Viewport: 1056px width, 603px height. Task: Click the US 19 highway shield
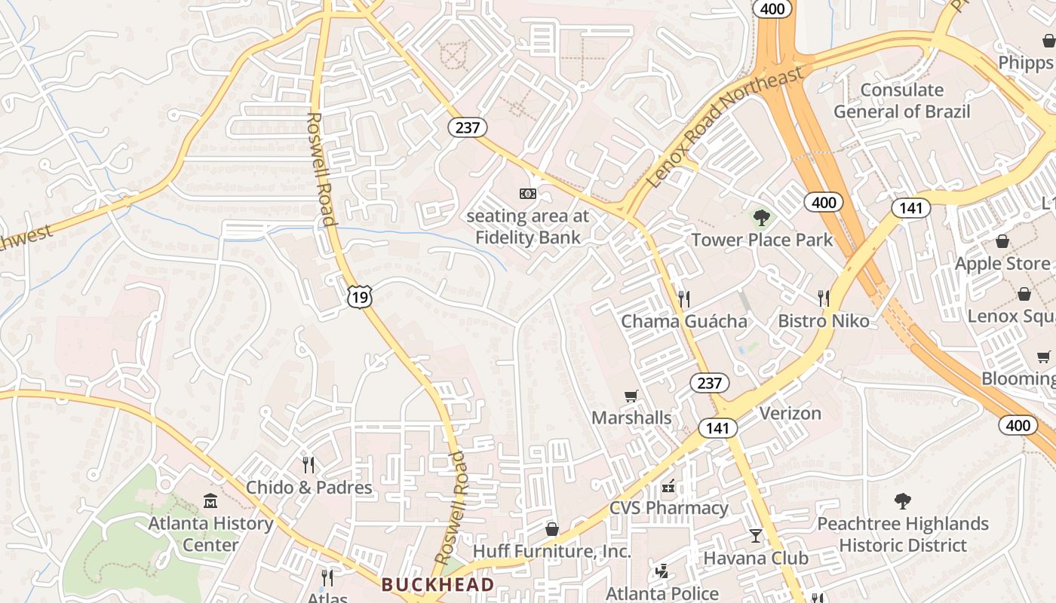point(360,297)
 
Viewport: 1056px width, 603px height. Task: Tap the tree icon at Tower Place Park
point(763,218)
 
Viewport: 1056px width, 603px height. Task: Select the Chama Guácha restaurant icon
point(683,298)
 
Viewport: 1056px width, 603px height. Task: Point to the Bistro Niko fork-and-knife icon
point(823,298)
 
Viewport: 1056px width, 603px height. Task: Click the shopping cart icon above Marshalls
point(631,396)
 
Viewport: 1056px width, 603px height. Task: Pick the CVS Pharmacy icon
point(668,486)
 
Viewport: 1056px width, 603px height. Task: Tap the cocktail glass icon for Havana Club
point(755,536)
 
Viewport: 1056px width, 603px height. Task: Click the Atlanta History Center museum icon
point(210,500)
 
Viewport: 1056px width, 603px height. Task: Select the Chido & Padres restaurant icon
point(308,464)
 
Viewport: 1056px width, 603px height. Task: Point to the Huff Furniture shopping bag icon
point(552,529)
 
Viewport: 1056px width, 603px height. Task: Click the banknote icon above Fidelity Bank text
point(527,194)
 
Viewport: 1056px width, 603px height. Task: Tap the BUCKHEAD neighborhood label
point(437,584)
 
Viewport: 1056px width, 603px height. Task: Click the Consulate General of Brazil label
point(902,101)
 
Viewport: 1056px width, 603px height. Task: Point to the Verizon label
point(790,413)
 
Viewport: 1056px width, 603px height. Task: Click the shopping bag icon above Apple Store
point(1002,241)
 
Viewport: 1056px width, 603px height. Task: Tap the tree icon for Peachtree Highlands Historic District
point(902,501)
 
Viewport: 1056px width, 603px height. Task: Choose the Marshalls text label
point(631,418)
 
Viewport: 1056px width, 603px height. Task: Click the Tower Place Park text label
point(763,240)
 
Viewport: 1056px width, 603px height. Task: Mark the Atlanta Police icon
point(662,571)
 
